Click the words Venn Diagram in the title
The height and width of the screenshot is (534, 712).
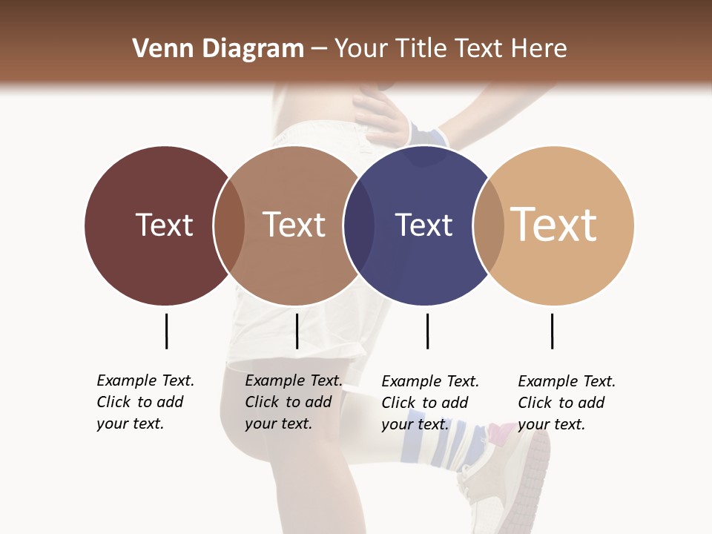coord(218,49)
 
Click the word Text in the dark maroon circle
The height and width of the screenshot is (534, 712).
coord(164,225)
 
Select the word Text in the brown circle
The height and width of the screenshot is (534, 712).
coord(294,225)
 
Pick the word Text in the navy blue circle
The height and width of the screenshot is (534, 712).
coord(423,225)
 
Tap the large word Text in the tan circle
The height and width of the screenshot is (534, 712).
coord(553,225)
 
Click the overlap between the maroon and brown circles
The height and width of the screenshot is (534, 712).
coord(229,225)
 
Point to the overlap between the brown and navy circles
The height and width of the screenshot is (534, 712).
coord(359,225)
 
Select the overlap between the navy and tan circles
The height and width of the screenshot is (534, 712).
coord(488,225)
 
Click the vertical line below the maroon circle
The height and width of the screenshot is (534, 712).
coord(166,331)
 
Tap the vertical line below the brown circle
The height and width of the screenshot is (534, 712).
coord(297,331)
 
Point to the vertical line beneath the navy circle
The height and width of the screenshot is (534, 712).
coord(427,331)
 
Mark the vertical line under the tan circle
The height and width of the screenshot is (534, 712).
coord(552,331)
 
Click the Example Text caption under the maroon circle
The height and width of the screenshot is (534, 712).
coord(145,402)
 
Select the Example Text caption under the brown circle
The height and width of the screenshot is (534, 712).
coord(293,402)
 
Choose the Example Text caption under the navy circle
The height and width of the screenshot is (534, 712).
coord(429,403)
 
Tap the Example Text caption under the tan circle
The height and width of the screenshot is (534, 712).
coord(566,403)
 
